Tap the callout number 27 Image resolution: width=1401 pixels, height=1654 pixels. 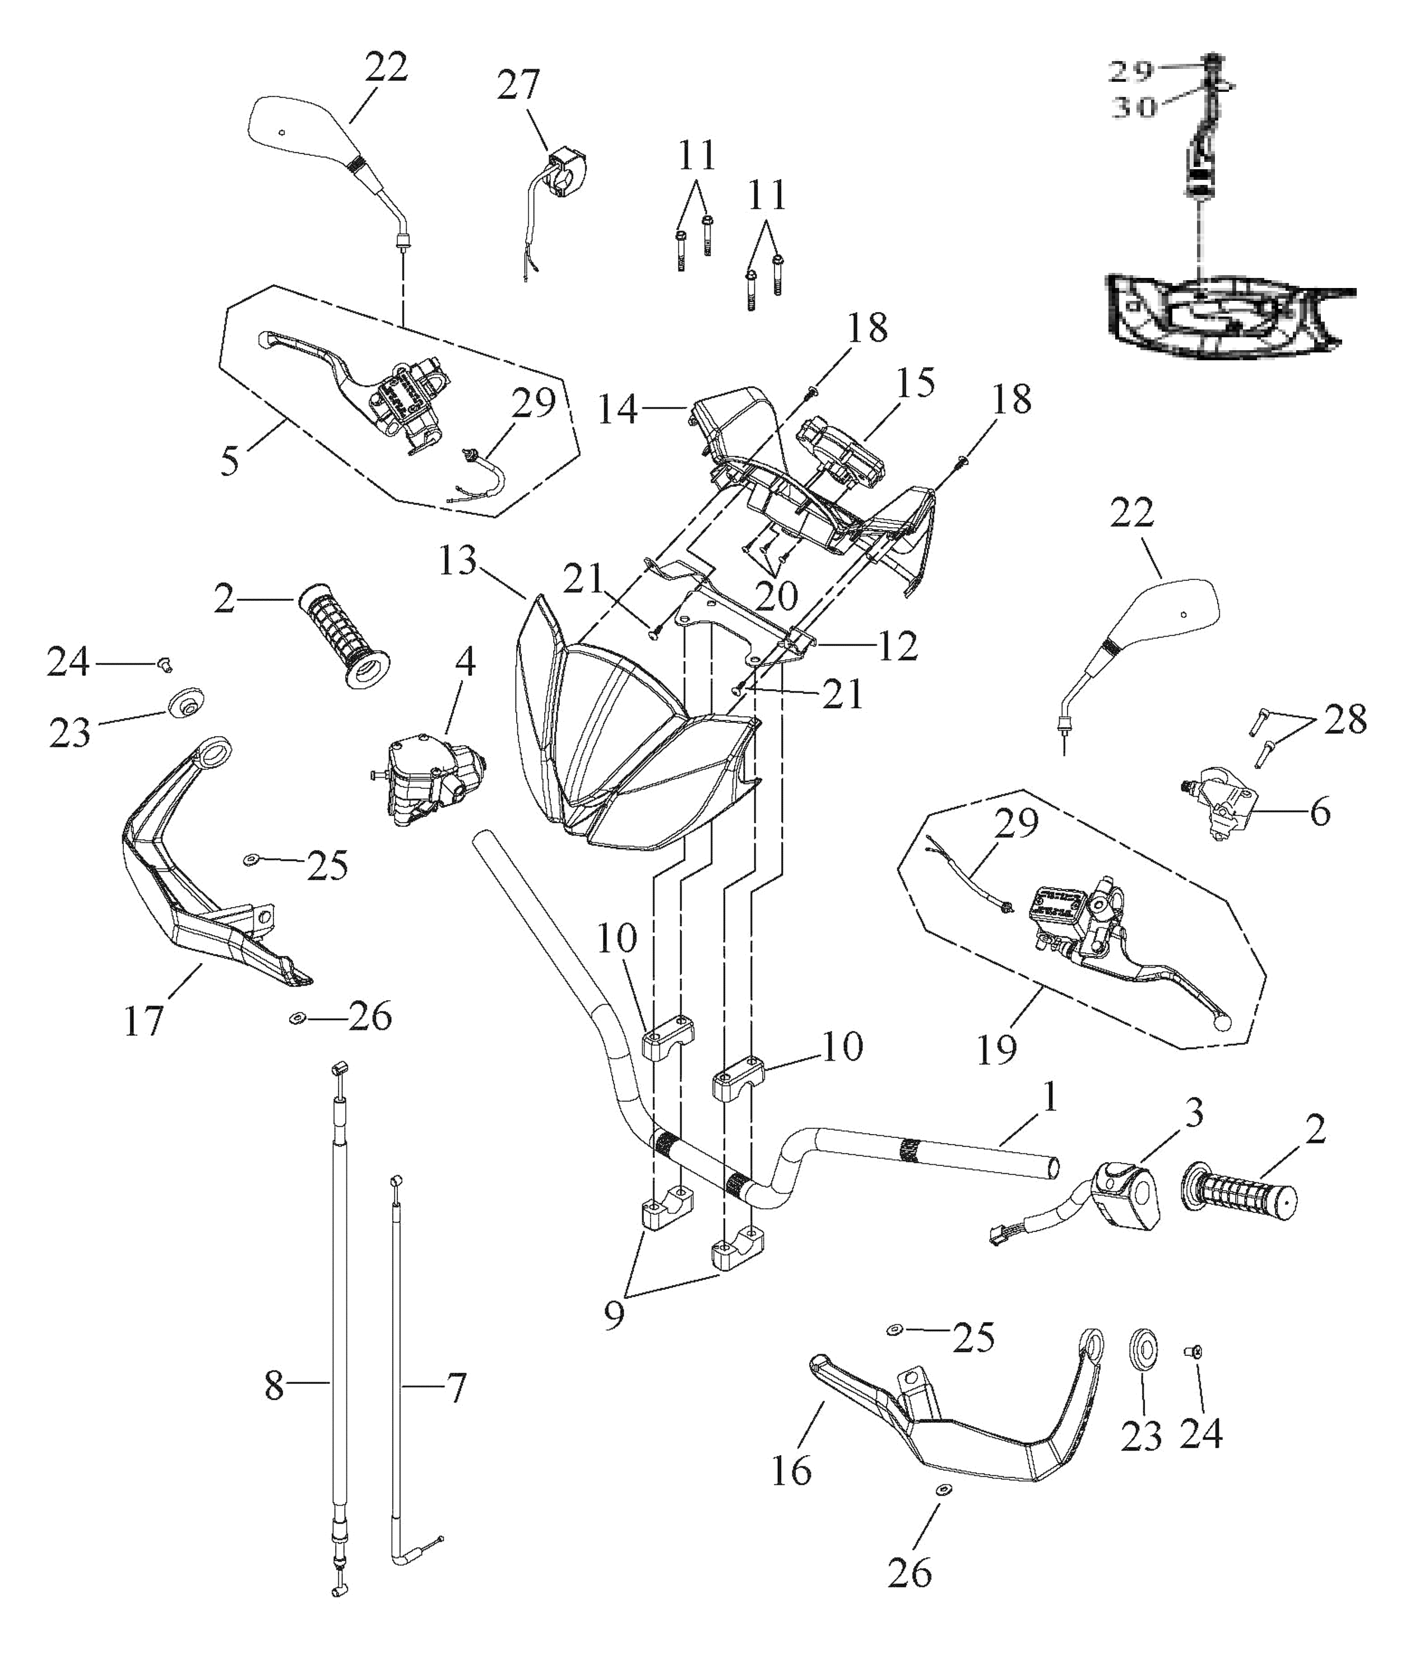click(518, 85)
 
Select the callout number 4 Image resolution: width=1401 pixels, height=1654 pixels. click(465, 661)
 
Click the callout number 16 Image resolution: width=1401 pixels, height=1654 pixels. click(791, 1471)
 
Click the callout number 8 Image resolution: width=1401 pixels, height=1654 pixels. click(274, 1386)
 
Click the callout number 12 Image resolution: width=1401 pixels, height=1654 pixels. click(897, 645)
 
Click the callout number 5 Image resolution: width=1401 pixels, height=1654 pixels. click(230, 461)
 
